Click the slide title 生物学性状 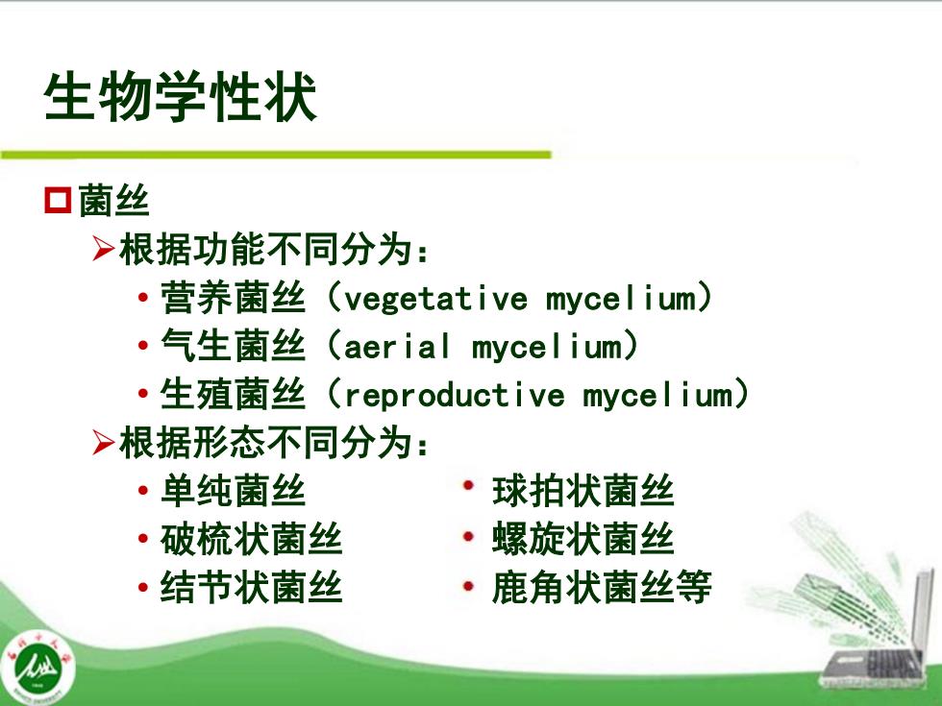[x=180, y=97]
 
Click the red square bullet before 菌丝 [x=58, y=200]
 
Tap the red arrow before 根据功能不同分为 [x=104, y=249]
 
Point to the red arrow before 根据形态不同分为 [x=104, y=443]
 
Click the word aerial [x=396, y=347]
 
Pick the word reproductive [x=455, y=396]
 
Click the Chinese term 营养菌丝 [x=233, y=298]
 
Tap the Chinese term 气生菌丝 [x=233, y=346]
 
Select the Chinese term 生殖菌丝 [x=233, y=395]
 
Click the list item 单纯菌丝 [x=233, y=491]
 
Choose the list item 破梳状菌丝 [x=251, y=539]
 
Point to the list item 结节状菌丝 [x=251, y=587]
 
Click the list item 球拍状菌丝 [x=583, y=491]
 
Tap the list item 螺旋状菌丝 [x=583, y=539]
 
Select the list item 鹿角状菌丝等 [x=602, y=587]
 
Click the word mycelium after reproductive [x=658, y=396]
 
